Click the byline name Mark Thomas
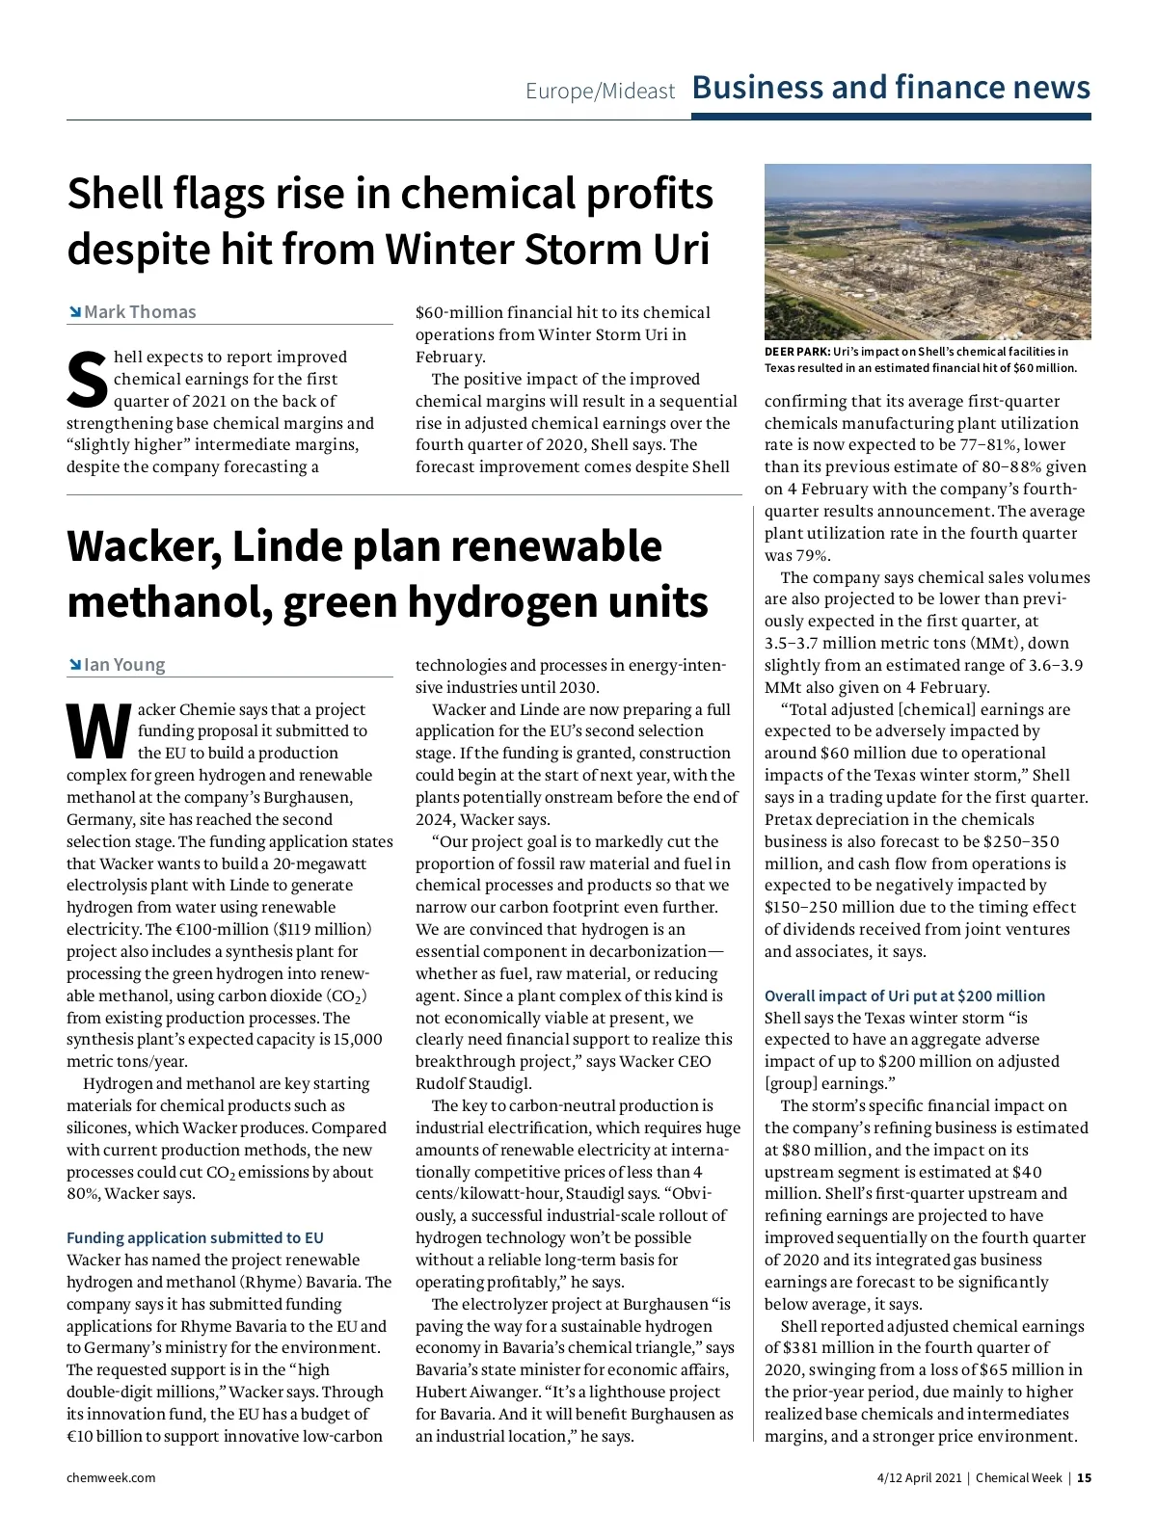click(x=140, y=312)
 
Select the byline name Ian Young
click(x=124, y=665)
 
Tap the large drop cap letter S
click(x=87, y=380)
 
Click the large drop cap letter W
click(x=98, y=731)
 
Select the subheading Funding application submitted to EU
click(x=195, y=1237)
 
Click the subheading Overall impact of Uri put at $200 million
click(x=904, y=995)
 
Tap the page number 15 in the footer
click(x=1084, y=1477)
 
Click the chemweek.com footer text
click(x=111, y=1477)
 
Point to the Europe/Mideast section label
click(x=600, y=92)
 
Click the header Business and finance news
click(x=891, y=88)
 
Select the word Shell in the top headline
click(x=116, y=195)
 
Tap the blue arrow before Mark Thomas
click(x=74, y=312)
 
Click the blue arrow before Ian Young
click(x=74, y=665)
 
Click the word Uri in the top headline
click(x=681, y=250)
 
